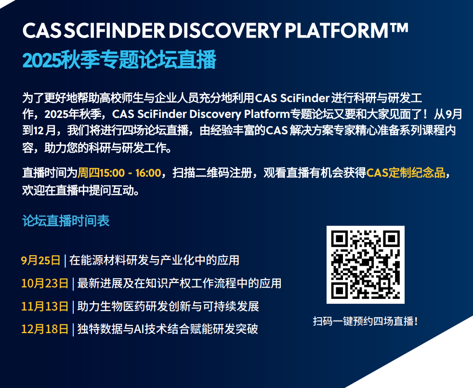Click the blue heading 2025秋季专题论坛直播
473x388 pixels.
[x=119, y=59]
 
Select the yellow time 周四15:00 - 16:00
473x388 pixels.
[x=119, y=173]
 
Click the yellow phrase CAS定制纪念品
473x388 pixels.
[x=406, y=173]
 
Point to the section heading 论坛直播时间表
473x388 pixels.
[x=66, y=220]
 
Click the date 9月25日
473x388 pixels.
[x=41, y=260]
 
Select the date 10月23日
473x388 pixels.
[x=45, y=283]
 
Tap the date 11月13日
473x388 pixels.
[x=45, y=306]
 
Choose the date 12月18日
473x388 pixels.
[x=45, y=329]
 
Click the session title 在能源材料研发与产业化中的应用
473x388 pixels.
[x=155, y=260]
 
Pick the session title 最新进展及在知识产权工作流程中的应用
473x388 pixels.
[x=180, y=283]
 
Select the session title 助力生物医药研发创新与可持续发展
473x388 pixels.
[x=168, y=306]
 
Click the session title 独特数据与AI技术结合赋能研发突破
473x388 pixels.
[x=168, y=329]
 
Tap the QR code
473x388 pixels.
[x=366, y=265]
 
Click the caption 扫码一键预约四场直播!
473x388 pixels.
[x=366, y=321]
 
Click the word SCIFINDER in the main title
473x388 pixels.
[x=115, y=30]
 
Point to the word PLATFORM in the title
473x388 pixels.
[x=336, y=30]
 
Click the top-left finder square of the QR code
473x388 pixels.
[x=340, y=239]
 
